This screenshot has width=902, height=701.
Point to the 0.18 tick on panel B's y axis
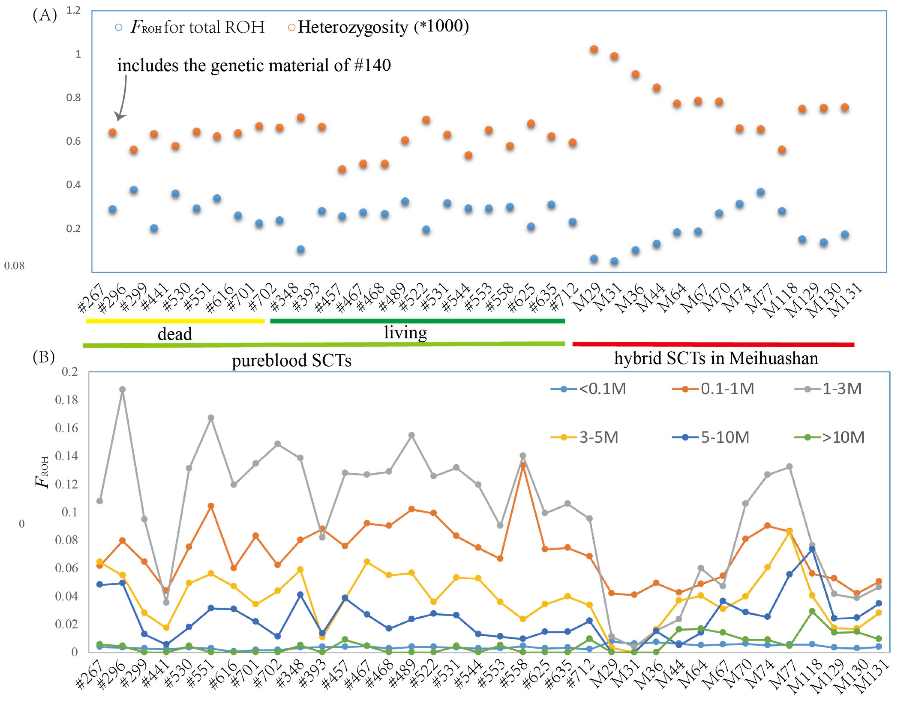[66, 400]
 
